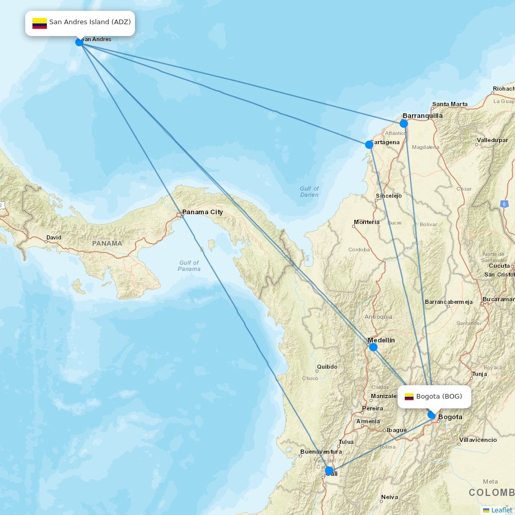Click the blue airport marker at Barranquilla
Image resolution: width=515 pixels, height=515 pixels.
click(x=404, y=124)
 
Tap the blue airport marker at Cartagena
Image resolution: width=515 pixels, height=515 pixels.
click(x=369, y=145)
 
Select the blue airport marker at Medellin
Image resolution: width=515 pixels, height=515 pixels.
click(x=373, y=347)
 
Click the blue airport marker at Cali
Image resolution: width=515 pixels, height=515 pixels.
click(x=329, y=470)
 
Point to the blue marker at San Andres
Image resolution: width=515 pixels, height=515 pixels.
click(x=79, y=42)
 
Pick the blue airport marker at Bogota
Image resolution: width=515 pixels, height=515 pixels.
click(x=432, y=415)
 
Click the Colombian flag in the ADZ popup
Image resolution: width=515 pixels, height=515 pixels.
click(x=40, y=23)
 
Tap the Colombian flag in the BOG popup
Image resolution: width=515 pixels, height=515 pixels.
click(x=409, y=397)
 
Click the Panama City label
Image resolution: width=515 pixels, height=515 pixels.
click(x=202, y=212)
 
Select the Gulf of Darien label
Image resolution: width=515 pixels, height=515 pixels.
click(x=310, y=192)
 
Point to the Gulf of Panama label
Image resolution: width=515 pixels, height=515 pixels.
click(x=189, y=266)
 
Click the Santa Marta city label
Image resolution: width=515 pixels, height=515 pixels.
click(x=450, y=104)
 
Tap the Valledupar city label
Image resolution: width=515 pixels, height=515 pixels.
click(x=492, y=140)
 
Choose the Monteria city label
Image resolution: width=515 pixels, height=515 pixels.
click(x=366, y=222)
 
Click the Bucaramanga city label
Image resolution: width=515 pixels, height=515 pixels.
click(x=499, y=299)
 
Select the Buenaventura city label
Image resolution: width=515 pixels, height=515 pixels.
click(x=321, y=452)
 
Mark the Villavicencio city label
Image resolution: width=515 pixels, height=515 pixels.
click(x=478, y=440)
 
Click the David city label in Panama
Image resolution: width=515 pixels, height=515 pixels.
click(x=54, y=238)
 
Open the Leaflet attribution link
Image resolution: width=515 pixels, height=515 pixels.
click(x=501, y=510)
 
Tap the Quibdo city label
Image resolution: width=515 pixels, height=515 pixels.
click(x=327, y=367)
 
